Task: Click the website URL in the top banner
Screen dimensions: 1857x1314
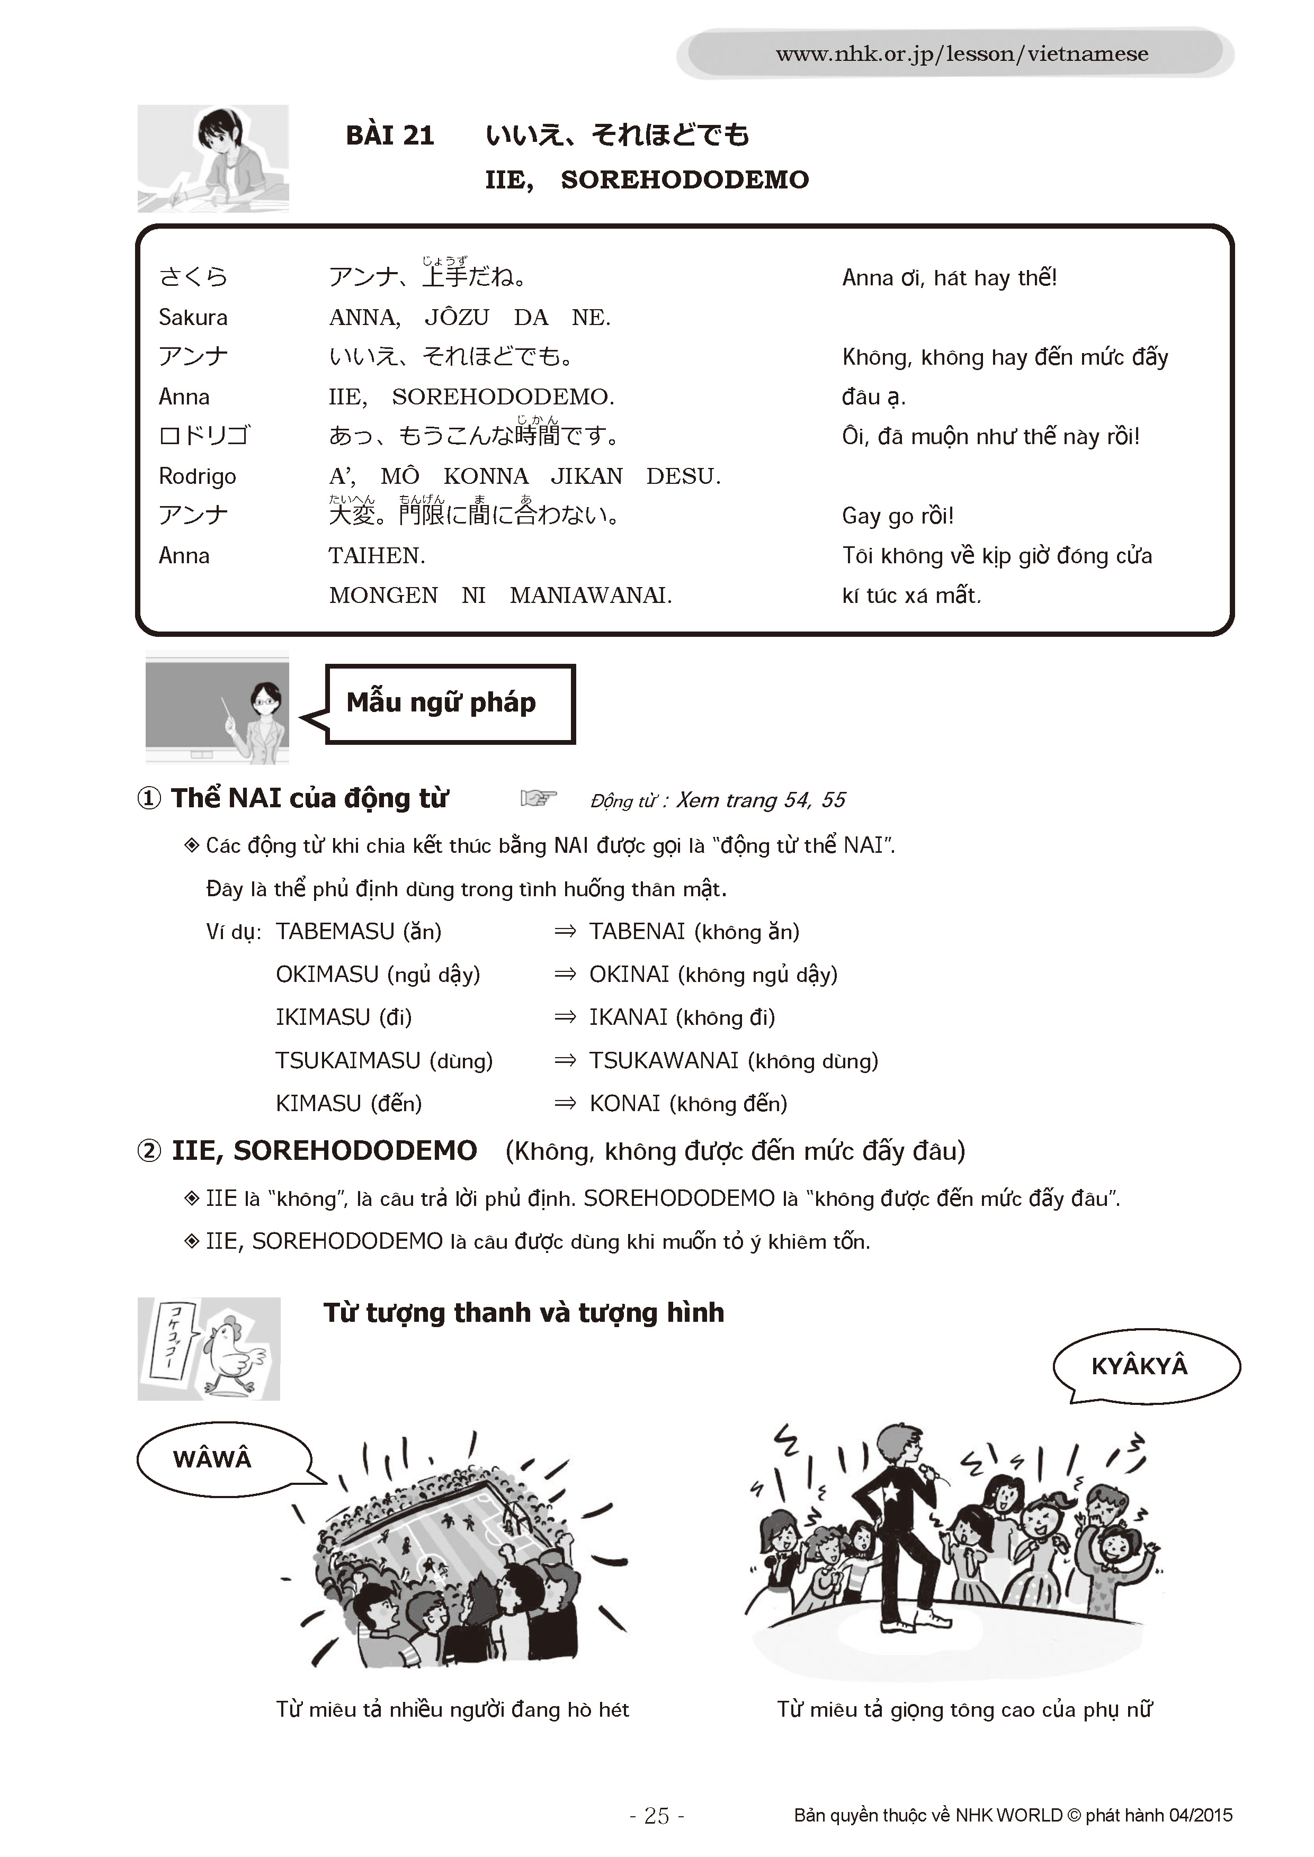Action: click(x=961, y=54)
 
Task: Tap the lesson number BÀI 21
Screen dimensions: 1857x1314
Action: click(x=390, y=135)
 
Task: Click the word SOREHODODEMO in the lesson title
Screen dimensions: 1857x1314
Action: click(x=684, y=179)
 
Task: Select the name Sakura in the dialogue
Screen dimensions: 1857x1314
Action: click(x=193, y=317)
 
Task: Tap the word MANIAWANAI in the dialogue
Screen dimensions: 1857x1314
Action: click(x=590, y=596)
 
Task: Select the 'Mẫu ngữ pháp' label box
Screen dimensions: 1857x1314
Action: click(x=449, y=703)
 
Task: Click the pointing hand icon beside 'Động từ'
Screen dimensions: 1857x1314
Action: click(x=538, y=798)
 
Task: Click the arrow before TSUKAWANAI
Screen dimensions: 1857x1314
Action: click(x=565, y=1060)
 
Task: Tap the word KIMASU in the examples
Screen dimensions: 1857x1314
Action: click(x=318, y=1103)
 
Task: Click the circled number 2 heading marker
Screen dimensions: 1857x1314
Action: click(x=149, y=1151)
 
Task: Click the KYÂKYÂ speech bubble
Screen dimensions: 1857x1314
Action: click(x=1139, y=1366)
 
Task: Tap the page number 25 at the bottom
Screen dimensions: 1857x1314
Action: click(x=656, y=1816)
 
